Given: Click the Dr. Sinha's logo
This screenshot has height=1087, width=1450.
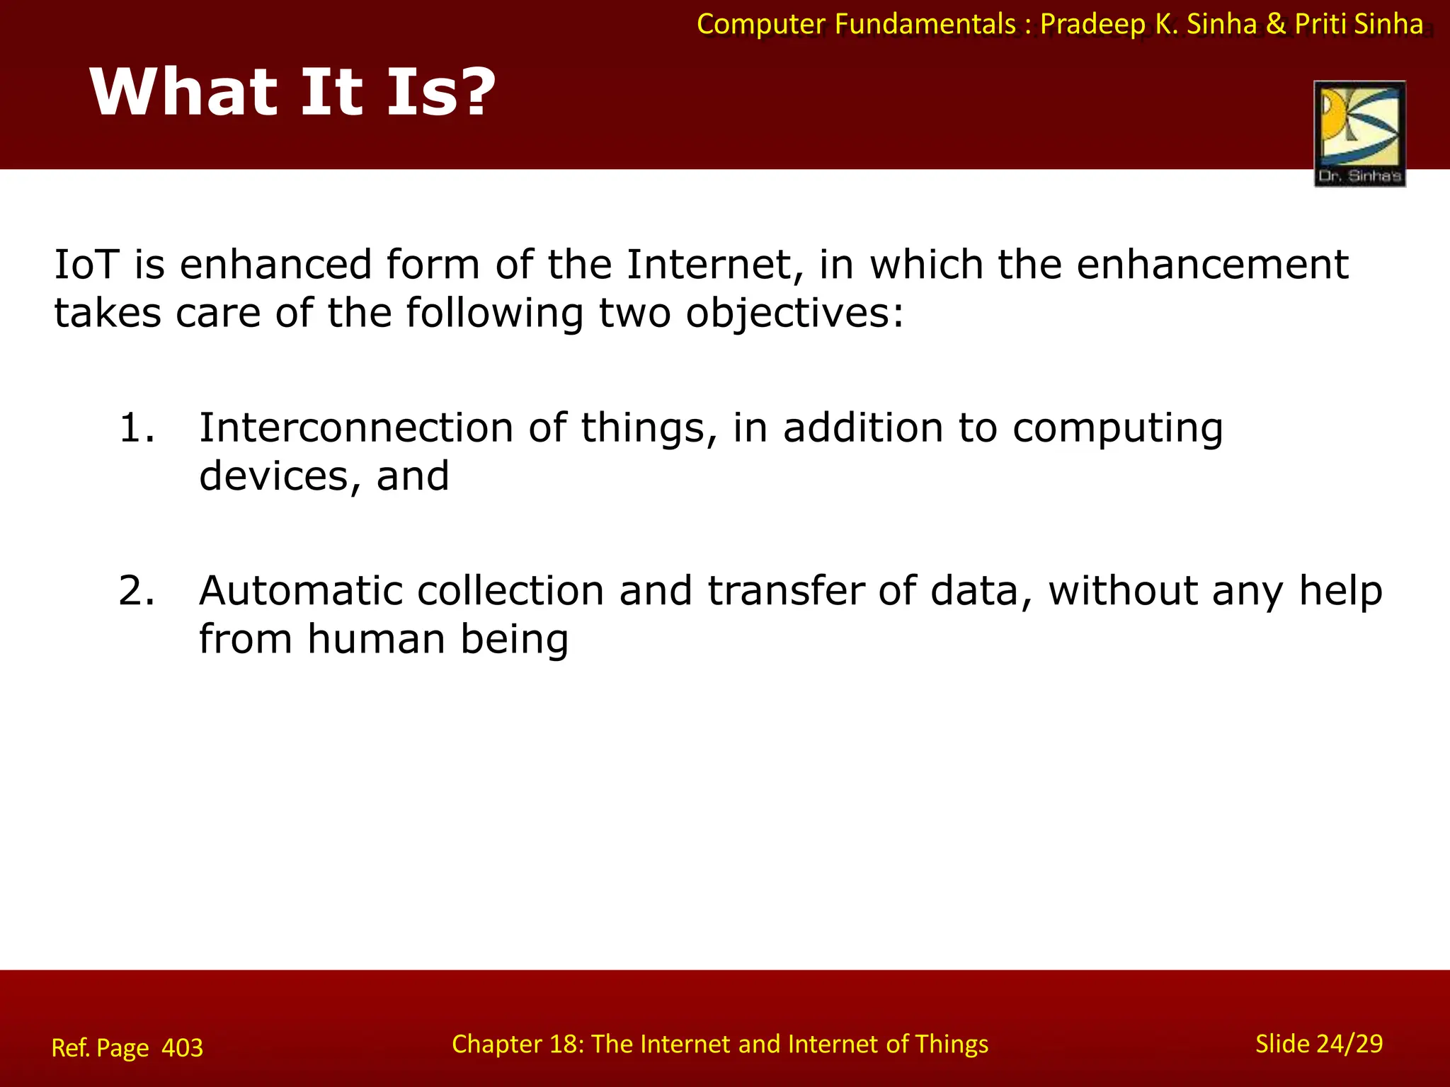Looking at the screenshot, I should click(x=1359, y=134).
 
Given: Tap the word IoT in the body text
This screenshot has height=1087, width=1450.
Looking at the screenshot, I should click(x=84, y=265).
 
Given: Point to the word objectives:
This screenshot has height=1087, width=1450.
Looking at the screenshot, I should click(x=794, y=314).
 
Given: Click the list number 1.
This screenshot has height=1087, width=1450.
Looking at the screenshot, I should click(x=136, y=428).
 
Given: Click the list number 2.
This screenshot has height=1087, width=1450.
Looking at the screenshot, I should click(x=136, y=591).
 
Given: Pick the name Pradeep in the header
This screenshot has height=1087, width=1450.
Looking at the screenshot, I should click(x=1092, y=25).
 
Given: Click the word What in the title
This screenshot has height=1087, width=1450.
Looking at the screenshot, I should click(x=184, y=92).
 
